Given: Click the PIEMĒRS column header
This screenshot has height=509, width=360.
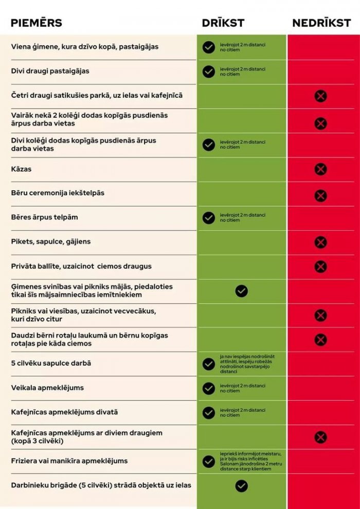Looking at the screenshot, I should pos(37,23).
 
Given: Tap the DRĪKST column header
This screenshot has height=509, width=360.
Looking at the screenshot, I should pos(223,23).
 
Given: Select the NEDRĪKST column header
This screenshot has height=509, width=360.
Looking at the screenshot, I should pos(322,23).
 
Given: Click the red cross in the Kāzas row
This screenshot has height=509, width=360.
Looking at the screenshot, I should pos(320,169).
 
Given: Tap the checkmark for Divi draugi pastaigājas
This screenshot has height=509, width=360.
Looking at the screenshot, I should pos(208,71).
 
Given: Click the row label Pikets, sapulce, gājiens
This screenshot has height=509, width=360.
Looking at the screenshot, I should pos(51,242).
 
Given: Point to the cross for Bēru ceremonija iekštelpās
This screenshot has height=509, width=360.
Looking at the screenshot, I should pos(320,195).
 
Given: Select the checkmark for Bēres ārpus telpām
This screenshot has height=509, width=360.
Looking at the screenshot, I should pos(208,218).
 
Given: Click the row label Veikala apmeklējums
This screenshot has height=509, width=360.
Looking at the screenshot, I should pos(47,388).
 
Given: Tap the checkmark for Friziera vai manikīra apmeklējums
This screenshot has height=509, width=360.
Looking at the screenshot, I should pos(208,461).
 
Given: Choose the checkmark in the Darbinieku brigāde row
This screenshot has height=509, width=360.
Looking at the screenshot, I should pos(241,486).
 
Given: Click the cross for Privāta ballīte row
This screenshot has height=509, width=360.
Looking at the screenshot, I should pos(320,266).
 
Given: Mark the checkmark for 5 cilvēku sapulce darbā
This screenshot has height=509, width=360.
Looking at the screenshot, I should pos(208,364).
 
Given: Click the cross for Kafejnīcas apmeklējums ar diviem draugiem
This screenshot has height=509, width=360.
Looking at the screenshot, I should pos(320,437).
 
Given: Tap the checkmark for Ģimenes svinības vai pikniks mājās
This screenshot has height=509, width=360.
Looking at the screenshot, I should pos(241,291).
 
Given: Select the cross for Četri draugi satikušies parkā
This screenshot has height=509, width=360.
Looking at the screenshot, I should pos(320,96).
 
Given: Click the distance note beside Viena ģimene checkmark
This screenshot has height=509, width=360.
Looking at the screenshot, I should pos(243,47).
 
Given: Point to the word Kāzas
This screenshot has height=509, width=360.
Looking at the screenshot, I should pos(22,169).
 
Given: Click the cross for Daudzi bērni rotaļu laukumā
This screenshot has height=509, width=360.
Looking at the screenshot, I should pos(320,339).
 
